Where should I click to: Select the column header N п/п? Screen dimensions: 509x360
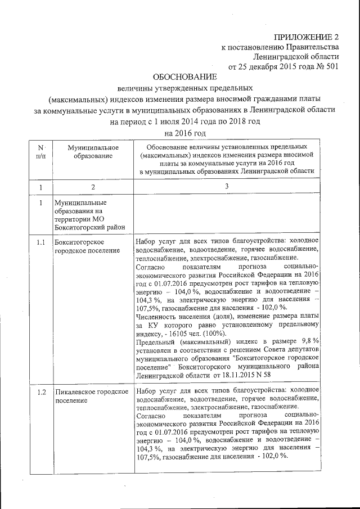[x=40, y=151]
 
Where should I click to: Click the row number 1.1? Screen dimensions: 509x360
[x=40, y=242]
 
